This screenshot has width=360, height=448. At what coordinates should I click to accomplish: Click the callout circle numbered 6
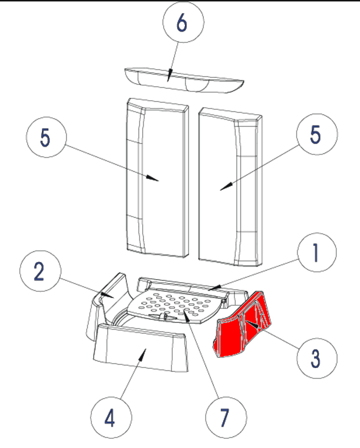(x=183, y=22)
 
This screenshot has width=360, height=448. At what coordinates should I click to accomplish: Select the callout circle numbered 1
(x=317, y=252)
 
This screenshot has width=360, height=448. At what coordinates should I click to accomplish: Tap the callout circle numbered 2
(x=40, y=271)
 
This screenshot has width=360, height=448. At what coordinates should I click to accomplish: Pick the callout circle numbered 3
(x=317, y=358)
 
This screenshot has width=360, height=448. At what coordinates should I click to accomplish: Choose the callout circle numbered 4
(x=111, y=418)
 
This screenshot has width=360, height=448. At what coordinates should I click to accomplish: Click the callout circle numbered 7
(x=226, y=418)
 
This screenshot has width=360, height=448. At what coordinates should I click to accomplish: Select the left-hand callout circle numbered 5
(x=46, y=137)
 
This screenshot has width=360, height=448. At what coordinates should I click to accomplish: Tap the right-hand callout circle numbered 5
(x=317, y=134)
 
